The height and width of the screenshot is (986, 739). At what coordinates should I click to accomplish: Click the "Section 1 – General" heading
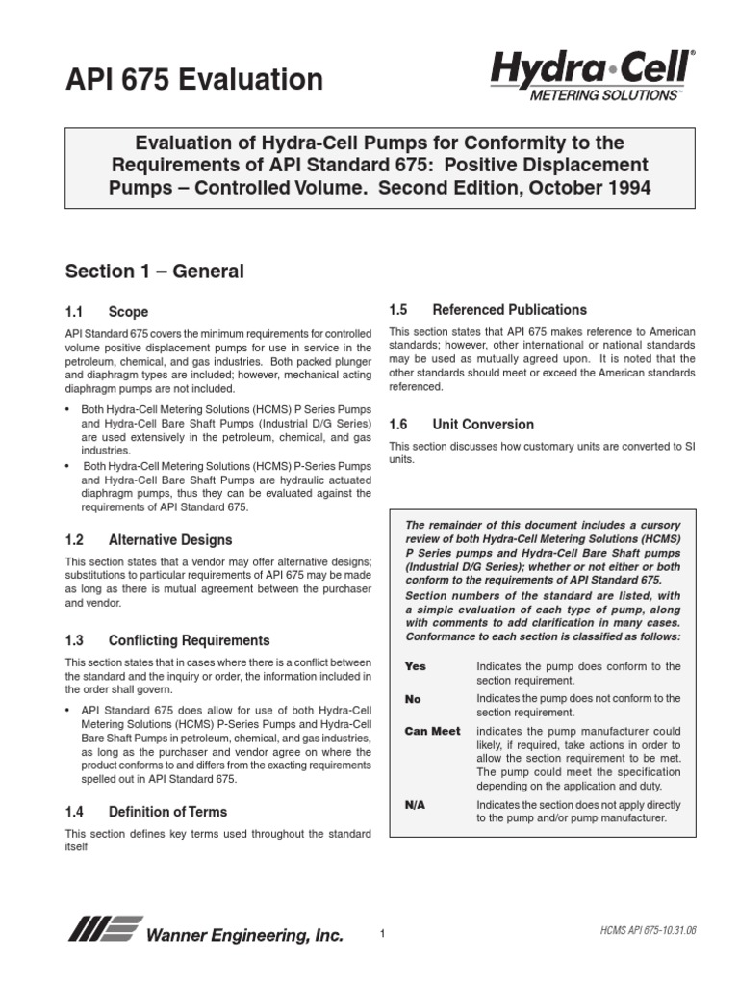pyautogui.click(x=154, y=272)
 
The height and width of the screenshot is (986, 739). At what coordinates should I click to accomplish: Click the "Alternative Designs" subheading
pyautogui.click(x=170, y=539)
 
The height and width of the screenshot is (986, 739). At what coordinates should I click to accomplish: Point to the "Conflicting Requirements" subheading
pyautogui.click(x=189, y=640)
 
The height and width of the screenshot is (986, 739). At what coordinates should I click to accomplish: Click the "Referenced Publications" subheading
pyautogui.click(x=509, y=310)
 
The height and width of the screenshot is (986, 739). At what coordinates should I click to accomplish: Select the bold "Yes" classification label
pyautogui.click(x=416, y=666)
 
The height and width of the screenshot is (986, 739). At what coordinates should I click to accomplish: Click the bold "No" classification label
pyautogui.click(x=414, y=698)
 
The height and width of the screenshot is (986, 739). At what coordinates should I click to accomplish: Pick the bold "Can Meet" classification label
pyautogui.click(x=432, y=731)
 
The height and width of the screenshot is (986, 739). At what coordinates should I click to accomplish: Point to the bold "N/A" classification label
pyautogui.click(x=416, y=802)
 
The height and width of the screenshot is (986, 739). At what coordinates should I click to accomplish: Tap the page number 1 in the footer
pyautogui.click(x=382, y=934)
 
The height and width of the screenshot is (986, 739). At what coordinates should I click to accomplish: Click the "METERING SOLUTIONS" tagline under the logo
pyautogui.click(x=603, y=95)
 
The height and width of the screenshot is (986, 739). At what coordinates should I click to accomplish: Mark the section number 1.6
pyautogui.click(x=398, y=425)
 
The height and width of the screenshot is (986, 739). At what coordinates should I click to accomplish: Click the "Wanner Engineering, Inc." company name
pyautogui.click(x=243, y=935)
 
